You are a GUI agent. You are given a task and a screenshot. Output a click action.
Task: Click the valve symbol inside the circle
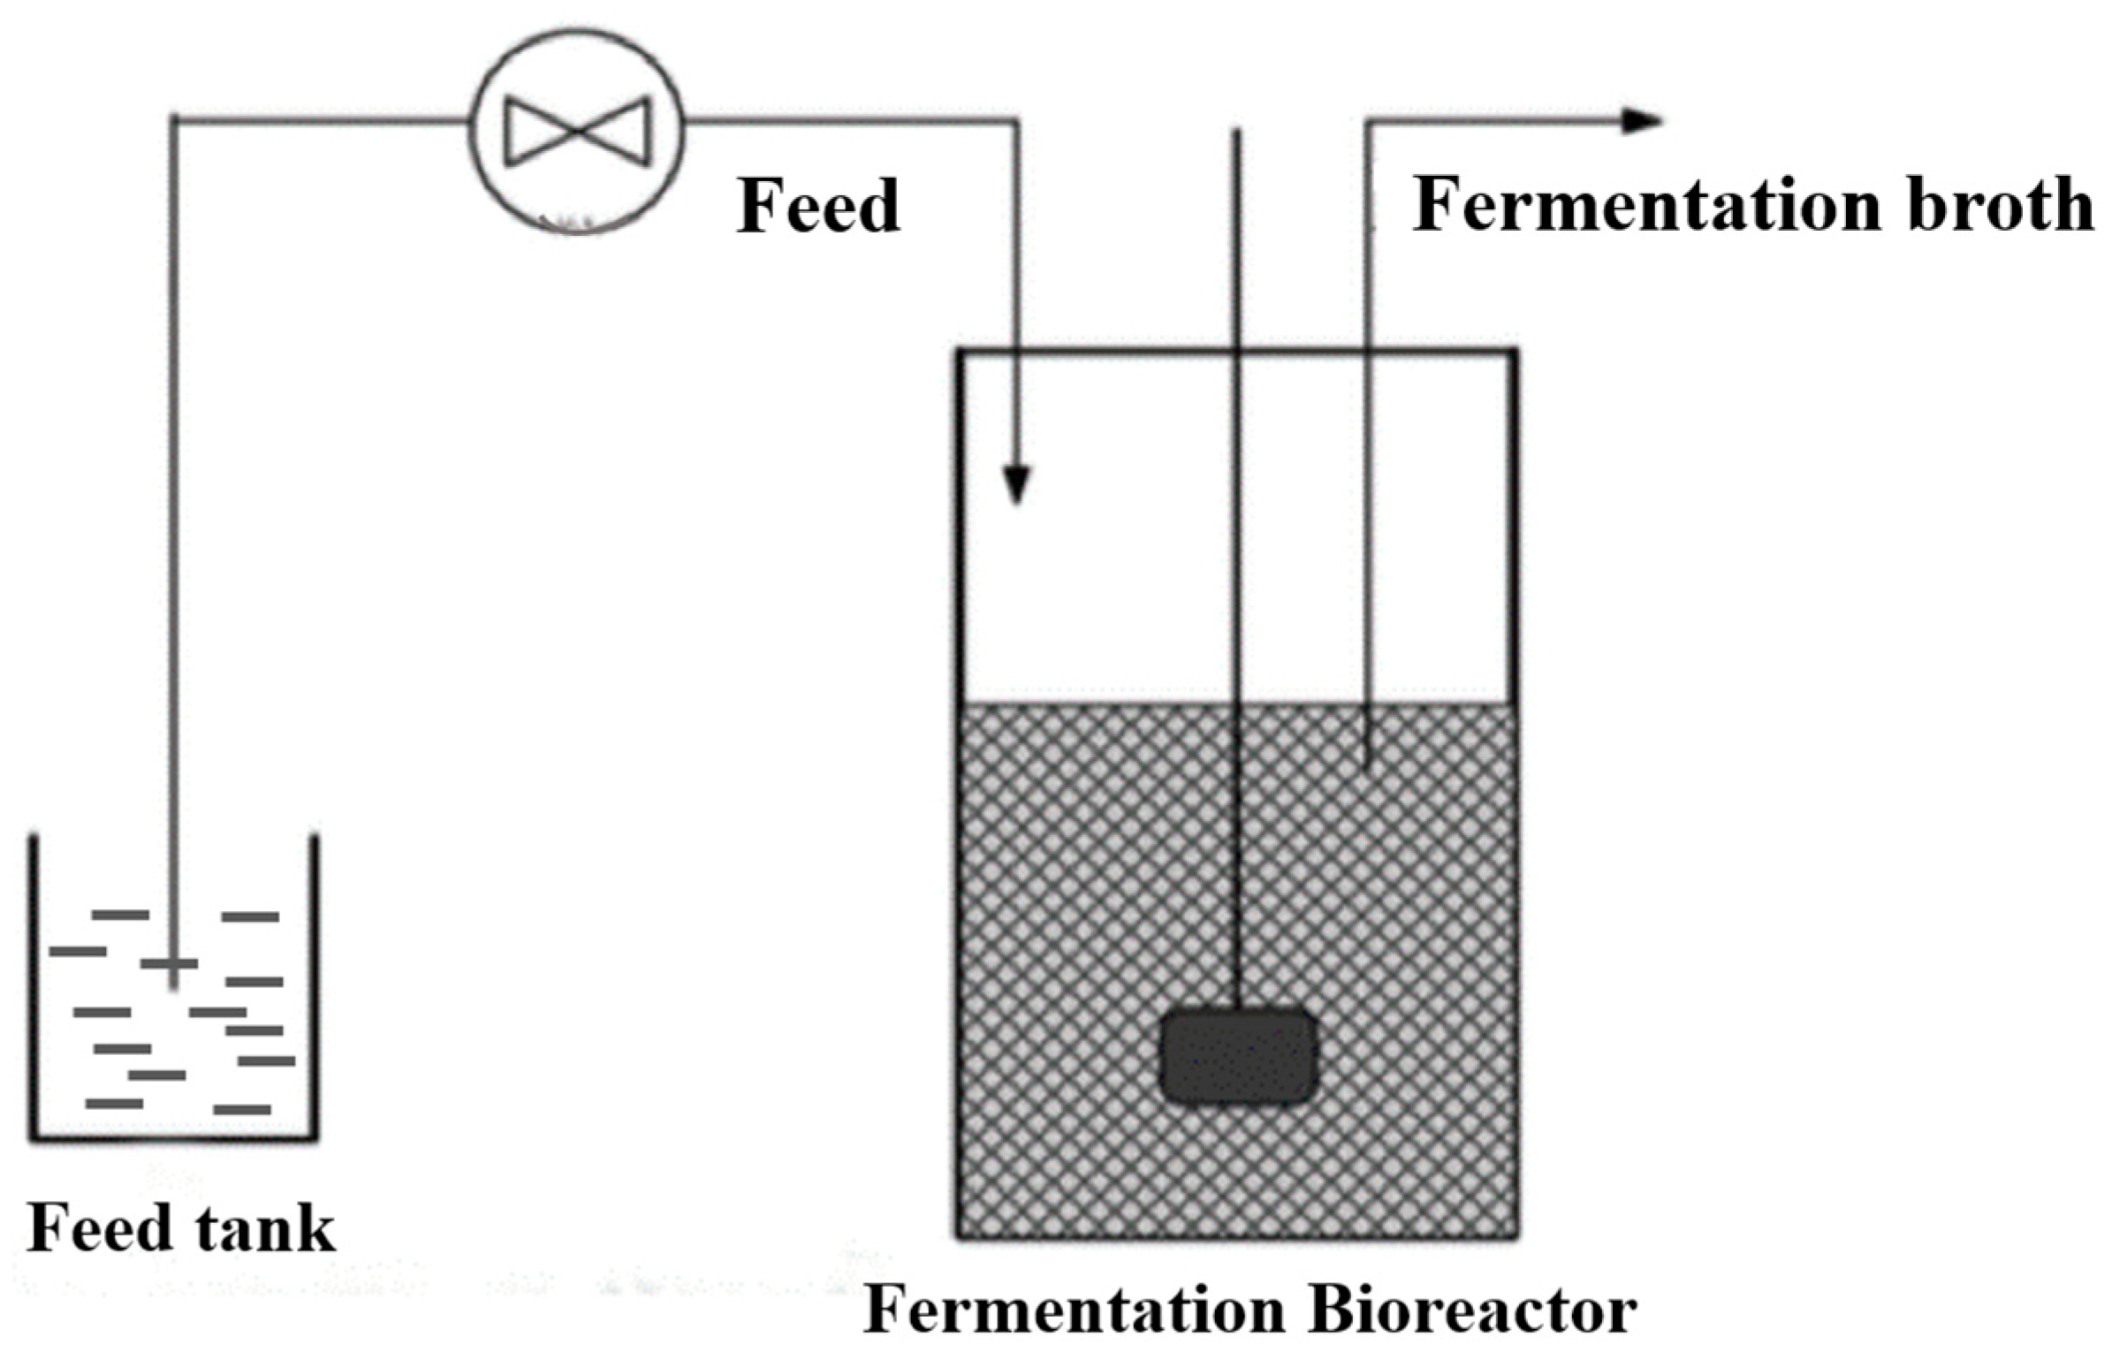tap(577, 131)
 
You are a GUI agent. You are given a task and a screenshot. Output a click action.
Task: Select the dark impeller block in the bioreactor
tap(1238, 1057)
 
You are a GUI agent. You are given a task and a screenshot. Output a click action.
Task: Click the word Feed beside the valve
tap(818, 206)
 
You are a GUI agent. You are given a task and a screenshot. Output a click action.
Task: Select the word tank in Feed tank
tap(266, 1228)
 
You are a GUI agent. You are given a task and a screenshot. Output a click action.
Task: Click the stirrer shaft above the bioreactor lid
tap(1236, 239)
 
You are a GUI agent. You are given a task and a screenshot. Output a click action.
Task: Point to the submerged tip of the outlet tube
tap(1366, 760)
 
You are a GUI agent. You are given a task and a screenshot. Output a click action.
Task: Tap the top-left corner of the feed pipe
tap(174, 118)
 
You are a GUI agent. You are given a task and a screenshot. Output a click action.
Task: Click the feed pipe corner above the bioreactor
tap(1016, 122)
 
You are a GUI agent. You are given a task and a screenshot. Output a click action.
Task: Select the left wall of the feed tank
tap(34, 981)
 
